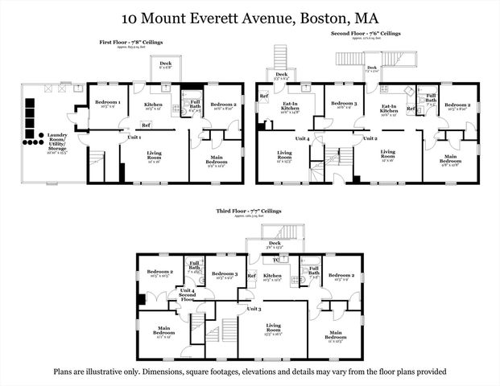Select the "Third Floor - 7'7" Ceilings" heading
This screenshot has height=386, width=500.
[x=249, y=211]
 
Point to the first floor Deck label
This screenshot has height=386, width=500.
[x=165, y=64]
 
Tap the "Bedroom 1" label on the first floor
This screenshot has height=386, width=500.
[x=108, y=104]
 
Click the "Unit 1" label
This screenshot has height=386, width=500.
[x=134, y=138]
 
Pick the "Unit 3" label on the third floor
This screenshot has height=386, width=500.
[x=254, y=309]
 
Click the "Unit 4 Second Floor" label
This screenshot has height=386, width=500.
[x=188, y=294]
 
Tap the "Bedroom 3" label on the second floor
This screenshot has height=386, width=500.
[x=344, y=104]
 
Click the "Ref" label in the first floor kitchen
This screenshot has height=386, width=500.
[x=146, y=125]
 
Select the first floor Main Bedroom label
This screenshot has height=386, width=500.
[x=216, y=161]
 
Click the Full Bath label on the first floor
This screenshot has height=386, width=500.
[x=195, y=103]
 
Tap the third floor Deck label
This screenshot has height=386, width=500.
[x=275, y=243]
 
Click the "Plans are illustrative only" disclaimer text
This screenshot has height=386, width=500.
[x=250, y=372]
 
